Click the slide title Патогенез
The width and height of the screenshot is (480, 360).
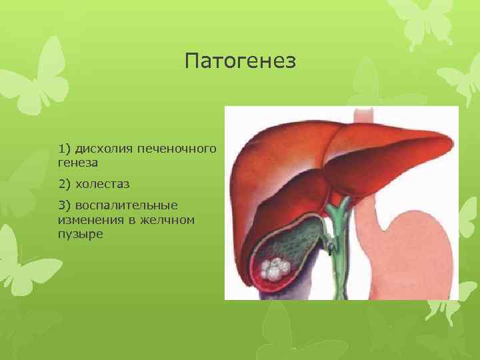click(x=239, y=62)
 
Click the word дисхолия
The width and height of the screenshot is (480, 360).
click(x=105, y=147)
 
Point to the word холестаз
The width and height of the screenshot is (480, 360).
click(x=103, y=183)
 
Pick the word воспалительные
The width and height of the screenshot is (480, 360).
click(x=127, y=205)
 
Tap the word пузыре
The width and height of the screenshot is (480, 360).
click(x=80, y=235)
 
